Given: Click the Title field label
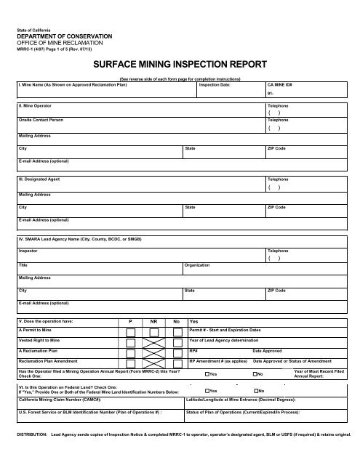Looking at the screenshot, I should [x=23, y=265].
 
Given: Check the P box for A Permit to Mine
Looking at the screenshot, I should [x=130, y=333].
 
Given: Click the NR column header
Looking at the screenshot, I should [x=153, y=321].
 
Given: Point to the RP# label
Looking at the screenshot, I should [x=193, y=350].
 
